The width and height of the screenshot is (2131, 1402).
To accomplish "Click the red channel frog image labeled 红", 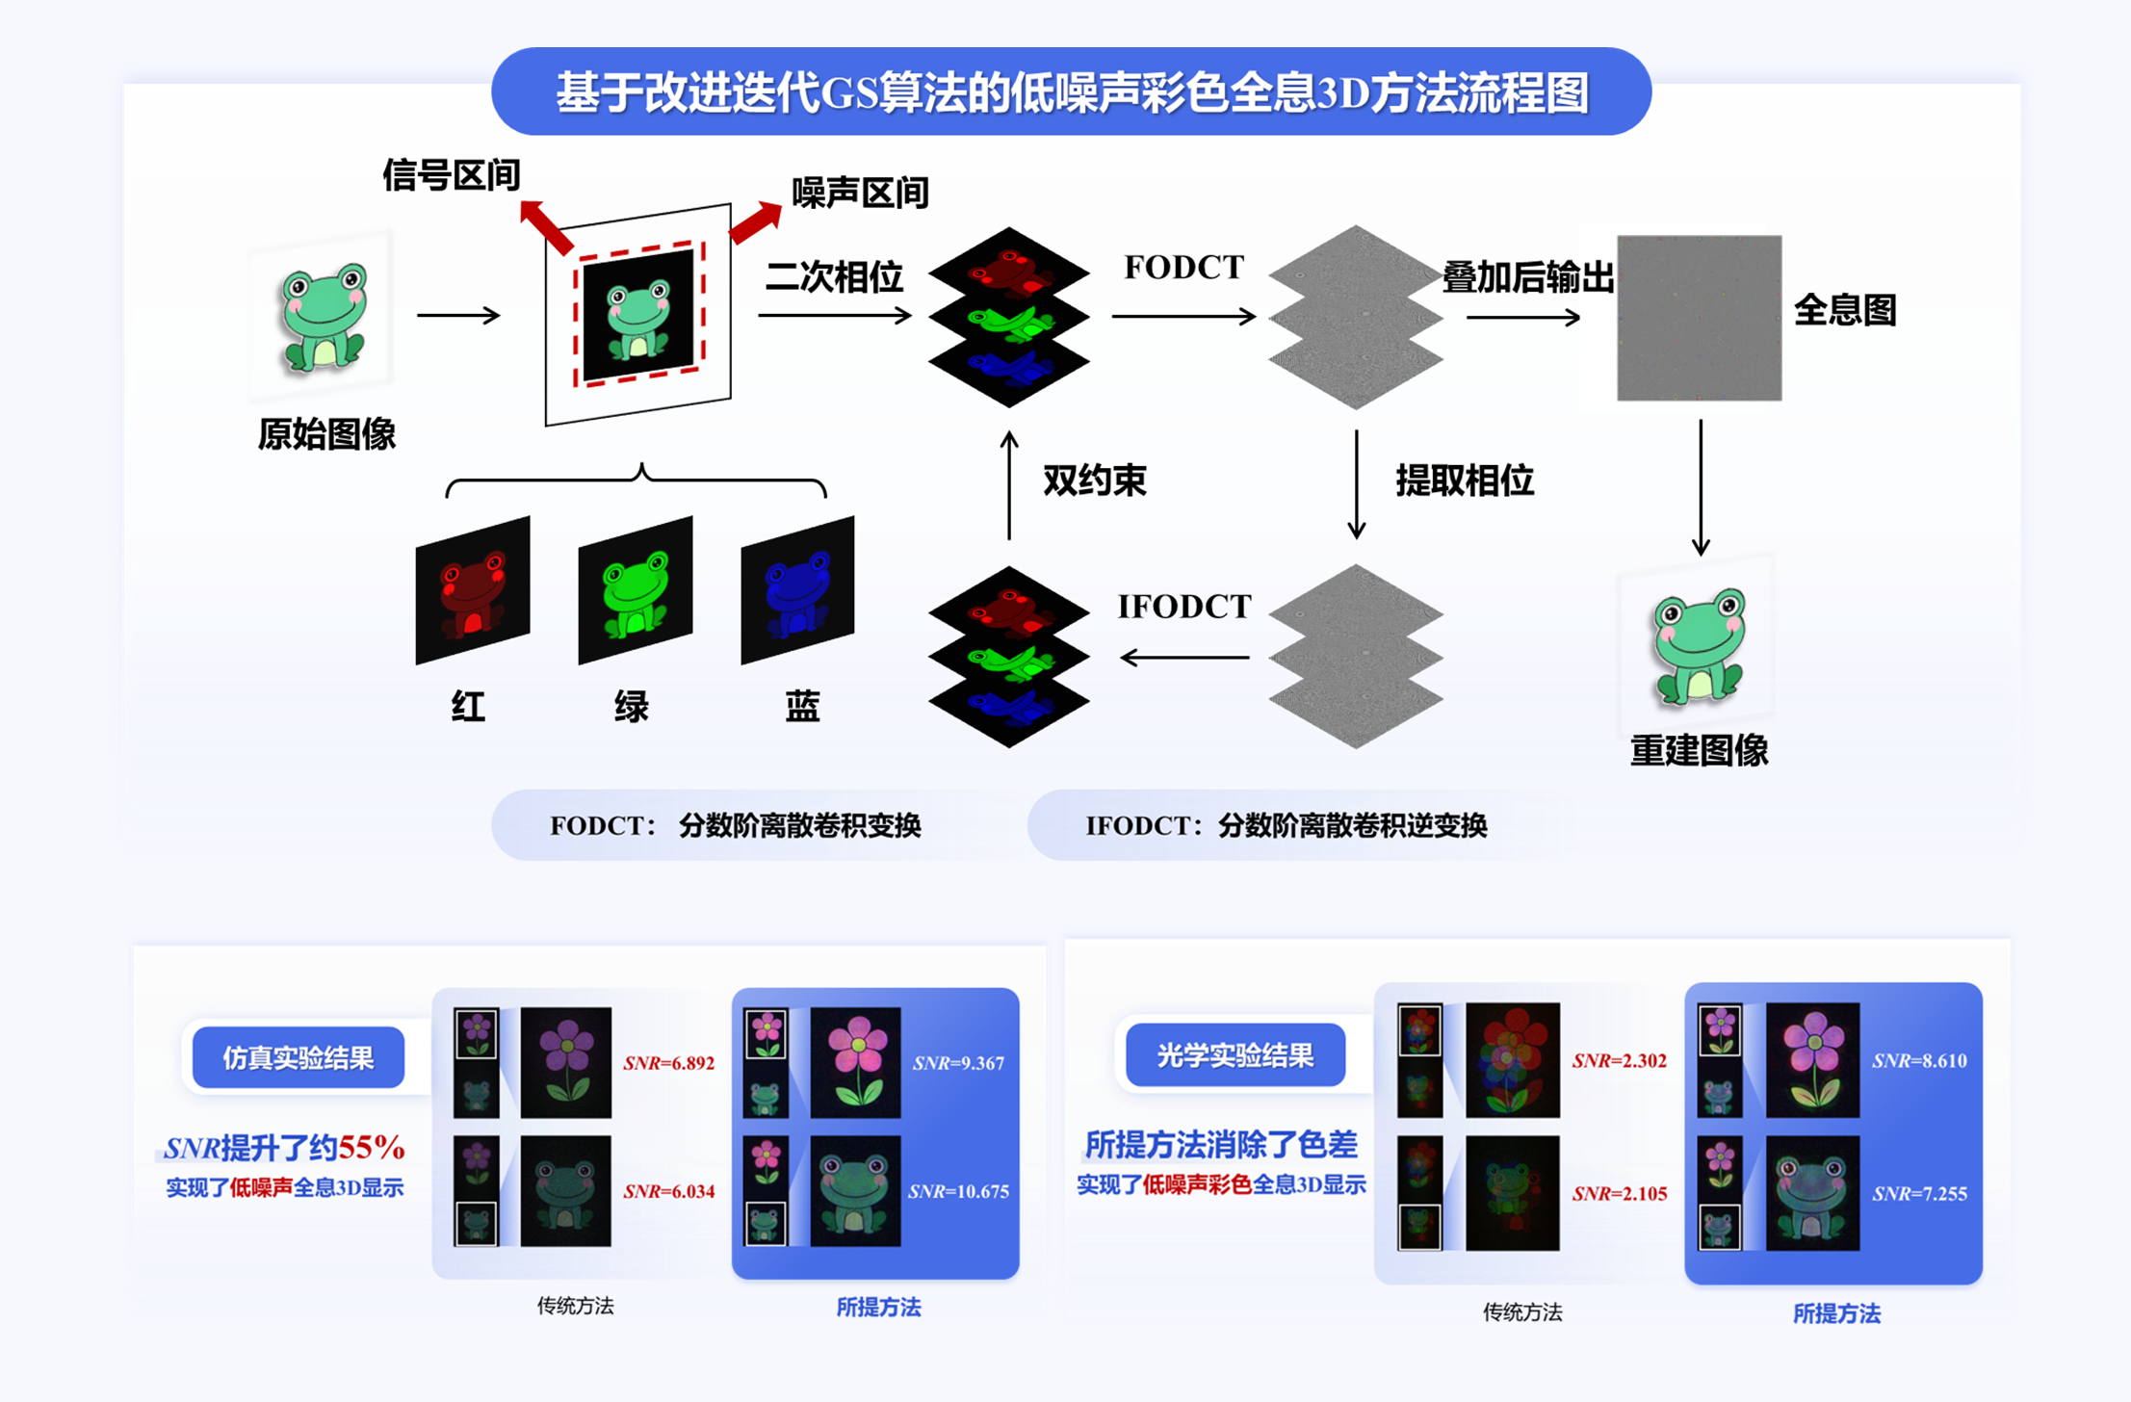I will coord(472,589).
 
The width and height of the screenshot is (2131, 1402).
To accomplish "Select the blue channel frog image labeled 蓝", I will coord(797,589).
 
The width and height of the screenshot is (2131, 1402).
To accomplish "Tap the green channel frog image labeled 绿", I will coord(635,589).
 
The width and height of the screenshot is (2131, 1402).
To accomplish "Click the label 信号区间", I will coord(451,175).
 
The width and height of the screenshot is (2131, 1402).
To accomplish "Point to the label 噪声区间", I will coord(860,194).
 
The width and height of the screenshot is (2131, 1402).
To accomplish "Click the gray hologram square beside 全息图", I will coord(1699,318).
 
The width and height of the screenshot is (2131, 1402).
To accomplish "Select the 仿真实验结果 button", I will coord(298,1058).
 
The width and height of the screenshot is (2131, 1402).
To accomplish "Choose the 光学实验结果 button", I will coord(1234,1055).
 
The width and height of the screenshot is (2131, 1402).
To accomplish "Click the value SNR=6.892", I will coord(668,1063).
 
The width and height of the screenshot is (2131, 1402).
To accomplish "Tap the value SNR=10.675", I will coord(958,1191).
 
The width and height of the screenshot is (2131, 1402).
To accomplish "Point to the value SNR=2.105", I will coord(1619,1194).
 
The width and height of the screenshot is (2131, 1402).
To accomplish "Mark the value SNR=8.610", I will coord(1918,1061).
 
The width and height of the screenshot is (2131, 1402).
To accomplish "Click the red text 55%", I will coord(372,1147).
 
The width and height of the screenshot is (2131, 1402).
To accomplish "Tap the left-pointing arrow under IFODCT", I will coord(1184,658).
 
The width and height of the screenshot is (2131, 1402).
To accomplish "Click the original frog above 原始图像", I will coord(323,318).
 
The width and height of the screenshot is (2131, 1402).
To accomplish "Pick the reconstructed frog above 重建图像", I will coord(1698,645).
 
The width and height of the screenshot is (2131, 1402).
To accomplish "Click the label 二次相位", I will coord(834,277).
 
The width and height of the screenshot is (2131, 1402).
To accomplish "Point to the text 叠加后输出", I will coord(1527,278).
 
